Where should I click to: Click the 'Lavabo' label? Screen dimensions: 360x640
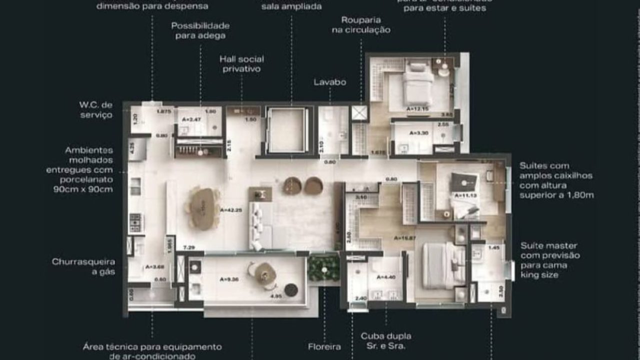click(329, 82)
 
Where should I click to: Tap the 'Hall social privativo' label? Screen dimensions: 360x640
click(241, 64)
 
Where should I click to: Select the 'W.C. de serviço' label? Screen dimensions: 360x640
click(96, 110)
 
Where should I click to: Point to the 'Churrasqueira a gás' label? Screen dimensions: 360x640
click(83, 266)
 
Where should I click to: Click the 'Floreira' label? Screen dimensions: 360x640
click(324, 346)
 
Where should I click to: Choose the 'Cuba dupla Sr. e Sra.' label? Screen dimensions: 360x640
click(385, 341)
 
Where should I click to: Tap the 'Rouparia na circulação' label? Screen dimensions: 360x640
click(360, 25)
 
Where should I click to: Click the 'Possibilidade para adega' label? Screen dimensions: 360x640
click(200, 30)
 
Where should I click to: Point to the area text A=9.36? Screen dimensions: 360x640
click(228, 279)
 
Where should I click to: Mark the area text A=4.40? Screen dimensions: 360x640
click(385, 277)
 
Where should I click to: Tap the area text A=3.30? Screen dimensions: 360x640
click(416, 133)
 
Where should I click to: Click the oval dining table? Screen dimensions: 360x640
click(204, 208)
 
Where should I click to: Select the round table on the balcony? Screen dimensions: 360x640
click(265, 273)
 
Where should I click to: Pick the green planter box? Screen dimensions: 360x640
click(323, 268)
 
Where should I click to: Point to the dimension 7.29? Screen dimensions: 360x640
click(188, 247)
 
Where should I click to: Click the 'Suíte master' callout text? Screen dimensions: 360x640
click(548, 260)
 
